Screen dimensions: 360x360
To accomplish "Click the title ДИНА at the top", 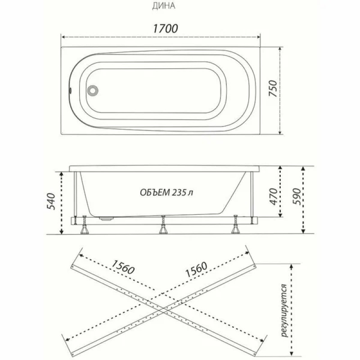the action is [x=163, y=6].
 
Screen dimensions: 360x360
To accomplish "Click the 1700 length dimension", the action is [x=165, y=28].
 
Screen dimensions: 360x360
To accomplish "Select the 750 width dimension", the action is [x=273, y=88].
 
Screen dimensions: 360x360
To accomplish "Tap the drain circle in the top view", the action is [x=93, y=90].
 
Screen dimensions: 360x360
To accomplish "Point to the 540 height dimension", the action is [x=51, y=201].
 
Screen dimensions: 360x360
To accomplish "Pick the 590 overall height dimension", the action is [x=296, y=197].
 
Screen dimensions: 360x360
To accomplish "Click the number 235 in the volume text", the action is [x=179, y=193].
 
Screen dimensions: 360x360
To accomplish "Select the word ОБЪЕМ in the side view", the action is [x=155, y=193].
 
